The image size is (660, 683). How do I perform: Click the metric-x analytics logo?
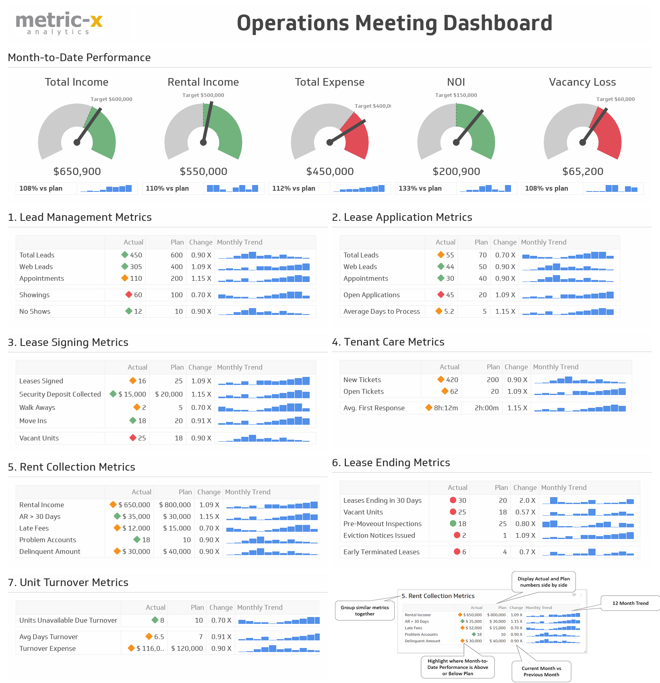(x=59, y=23)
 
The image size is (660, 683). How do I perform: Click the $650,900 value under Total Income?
(x=77, y=172)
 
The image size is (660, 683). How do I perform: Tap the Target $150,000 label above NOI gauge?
(x=456, y=95)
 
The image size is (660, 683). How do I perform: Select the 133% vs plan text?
(x=420, y=189)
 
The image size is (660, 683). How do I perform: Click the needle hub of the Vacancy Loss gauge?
(x=582, y=142)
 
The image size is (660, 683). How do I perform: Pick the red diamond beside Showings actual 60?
(x=129, y=295)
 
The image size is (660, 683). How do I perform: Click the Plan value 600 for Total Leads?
(x=176, y=255)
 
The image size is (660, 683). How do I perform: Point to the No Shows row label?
(x=35, y=311)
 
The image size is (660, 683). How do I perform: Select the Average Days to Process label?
(x=381, y=311)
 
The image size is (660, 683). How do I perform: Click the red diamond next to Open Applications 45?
(x=441, y=295)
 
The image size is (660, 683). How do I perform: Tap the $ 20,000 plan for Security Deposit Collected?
(x=169, y=394)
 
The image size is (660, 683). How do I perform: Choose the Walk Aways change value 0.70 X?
(x=201, y=407)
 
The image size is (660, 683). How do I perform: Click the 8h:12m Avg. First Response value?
(x=446, y=408)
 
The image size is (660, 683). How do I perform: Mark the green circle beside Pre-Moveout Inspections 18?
(x=453, y=524)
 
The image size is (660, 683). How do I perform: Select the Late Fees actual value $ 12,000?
(x=136, y=528)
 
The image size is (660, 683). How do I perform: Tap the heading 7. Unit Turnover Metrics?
(x=68, y=582)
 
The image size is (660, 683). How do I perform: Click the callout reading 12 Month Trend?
(x=630, y=603)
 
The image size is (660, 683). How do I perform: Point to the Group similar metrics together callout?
(x=364, y=611)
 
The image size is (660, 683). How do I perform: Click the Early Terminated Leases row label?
(x=381, y=552)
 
